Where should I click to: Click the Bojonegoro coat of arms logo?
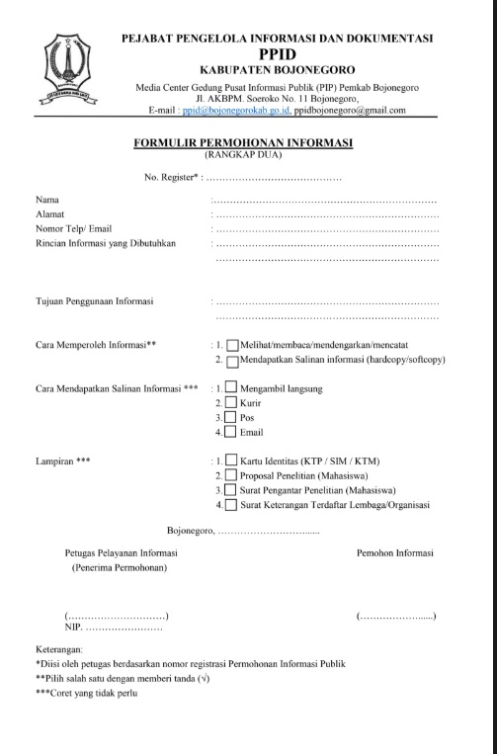(x=68, y=75)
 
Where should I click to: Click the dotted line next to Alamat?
(x=326, y=214)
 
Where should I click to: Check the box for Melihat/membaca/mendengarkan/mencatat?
(x=232, y=346)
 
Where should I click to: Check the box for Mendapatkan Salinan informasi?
(x=232, y=361)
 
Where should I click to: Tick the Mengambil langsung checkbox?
(x=230, y=388)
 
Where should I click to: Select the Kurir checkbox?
(x=230, y=403)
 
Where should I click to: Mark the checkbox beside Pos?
(x=230, y=418)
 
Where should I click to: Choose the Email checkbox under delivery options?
(x=230, y=433)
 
